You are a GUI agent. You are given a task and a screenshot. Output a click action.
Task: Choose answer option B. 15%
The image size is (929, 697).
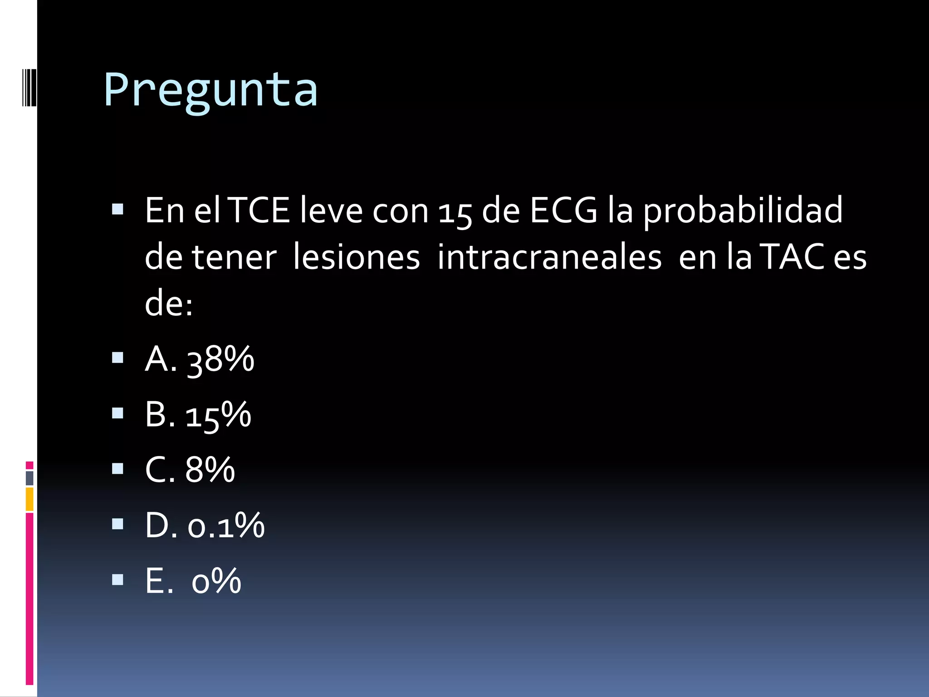[x=198, y=415]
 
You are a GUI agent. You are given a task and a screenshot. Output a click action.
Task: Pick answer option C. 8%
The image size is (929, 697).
[x=190, y=470]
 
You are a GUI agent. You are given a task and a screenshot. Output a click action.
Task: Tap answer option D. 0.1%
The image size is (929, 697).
[x=205, y=525]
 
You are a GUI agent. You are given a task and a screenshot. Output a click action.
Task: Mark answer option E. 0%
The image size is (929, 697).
[x=193, y=581]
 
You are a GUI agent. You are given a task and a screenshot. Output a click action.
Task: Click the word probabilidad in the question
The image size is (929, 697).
[x=743, y=211]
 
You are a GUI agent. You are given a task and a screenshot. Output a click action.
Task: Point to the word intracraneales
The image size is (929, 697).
[x=549, y=258]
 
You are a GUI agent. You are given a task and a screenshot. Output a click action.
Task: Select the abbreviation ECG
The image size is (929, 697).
[x=563, y=211]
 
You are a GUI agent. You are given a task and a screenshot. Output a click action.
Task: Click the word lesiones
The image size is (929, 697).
[x=357, y=258]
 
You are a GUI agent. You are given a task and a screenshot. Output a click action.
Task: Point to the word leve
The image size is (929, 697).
[x=331, y=211]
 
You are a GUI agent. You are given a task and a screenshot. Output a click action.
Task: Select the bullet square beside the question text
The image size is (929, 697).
[x=117, y=209]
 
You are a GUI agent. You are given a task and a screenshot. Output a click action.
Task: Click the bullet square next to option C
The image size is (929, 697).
[x=117, y=469]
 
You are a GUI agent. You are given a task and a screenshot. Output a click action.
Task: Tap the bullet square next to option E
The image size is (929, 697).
[x=117, y=579]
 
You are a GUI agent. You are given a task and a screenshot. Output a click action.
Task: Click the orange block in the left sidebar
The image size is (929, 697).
[x=29, y=499]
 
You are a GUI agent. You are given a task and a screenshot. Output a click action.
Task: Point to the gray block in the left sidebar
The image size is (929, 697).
[x=29, y=478]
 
